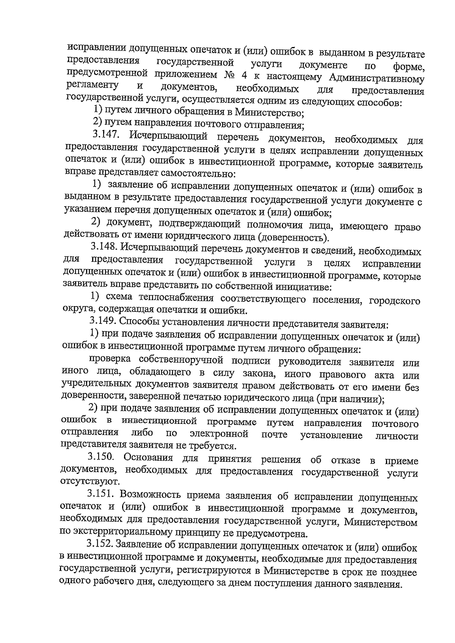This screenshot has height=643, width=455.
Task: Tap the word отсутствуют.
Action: coord(85,482)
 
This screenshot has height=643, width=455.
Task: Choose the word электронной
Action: coord(219,434)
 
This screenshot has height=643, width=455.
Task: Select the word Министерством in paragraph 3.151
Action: coord(381,522)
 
